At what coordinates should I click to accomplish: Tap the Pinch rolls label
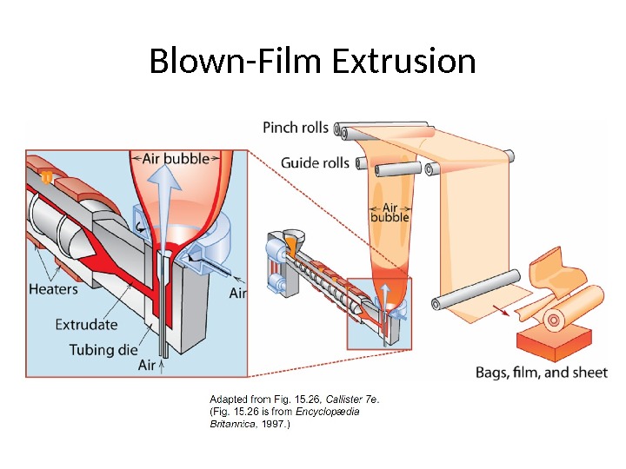(x=296, y=128)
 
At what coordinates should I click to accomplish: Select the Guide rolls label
(x=315, y=162)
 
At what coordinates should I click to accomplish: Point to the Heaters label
(x=54, y=289)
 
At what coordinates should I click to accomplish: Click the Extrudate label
(x=86, y=324)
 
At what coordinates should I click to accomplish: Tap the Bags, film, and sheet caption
(x=541, y=372)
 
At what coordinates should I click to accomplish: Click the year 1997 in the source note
(x=276, y=426)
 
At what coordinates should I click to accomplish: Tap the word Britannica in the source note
(x=229, y=426)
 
